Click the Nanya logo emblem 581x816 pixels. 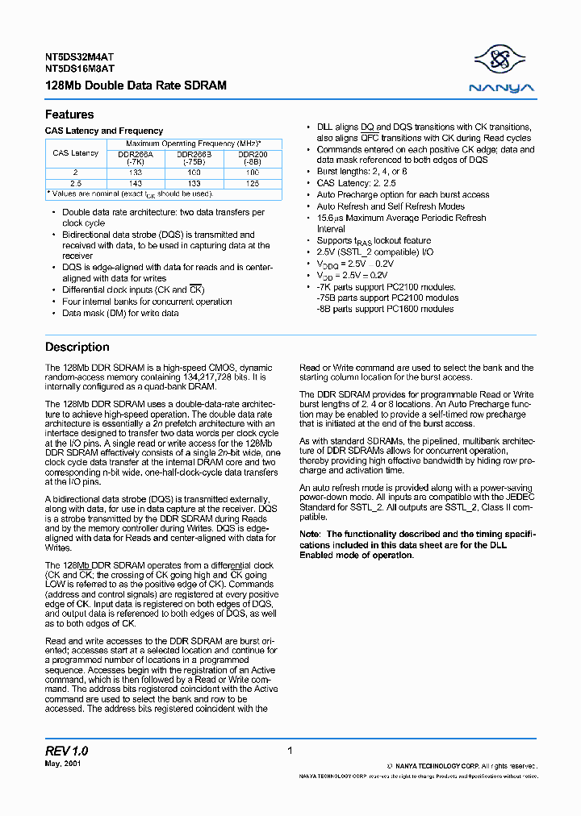503,59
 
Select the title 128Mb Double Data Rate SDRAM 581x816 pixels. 136,85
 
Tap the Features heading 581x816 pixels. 69,114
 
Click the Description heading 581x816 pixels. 77,347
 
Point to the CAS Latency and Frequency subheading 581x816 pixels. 104,131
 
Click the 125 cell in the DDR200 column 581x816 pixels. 253,183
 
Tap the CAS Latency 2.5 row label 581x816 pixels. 75,183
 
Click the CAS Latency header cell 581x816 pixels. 75,153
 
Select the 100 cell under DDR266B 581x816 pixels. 194,173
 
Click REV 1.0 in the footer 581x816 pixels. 67,751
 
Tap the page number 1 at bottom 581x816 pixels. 289,751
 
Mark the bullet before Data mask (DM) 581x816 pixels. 54,313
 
